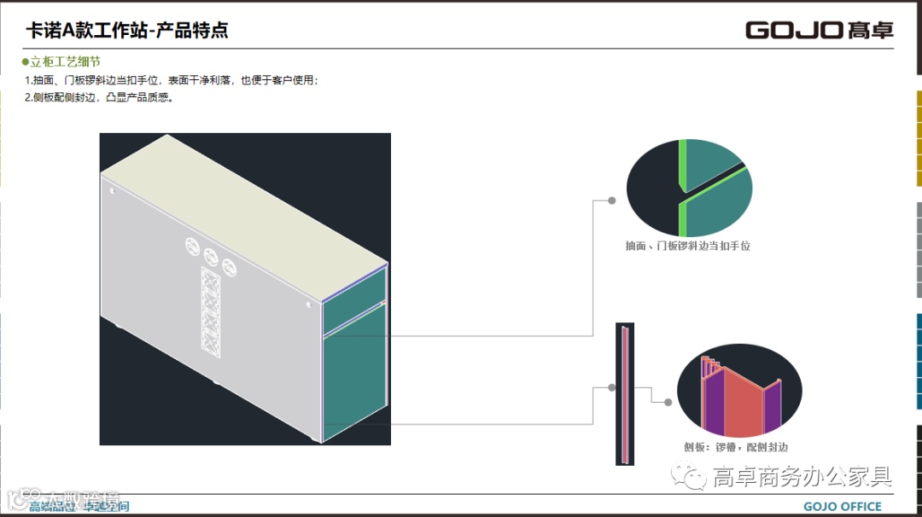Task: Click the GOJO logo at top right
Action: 819,30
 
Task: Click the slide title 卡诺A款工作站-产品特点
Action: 127,32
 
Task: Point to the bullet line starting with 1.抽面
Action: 171,80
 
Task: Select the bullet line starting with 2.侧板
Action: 100,97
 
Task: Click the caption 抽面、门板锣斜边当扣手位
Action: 687,246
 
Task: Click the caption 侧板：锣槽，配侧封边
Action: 735,447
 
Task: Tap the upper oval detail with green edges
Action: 689,188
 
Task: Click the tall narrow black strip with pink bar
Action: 625,393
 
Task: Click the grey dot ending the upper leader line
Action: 612,200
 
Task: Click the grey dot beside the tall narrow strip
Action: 612,387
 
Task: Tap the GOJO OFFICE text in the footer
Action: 842,507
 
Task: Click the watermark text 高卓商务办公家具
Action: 802,476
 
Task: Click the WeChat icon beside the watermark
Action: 687,476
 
